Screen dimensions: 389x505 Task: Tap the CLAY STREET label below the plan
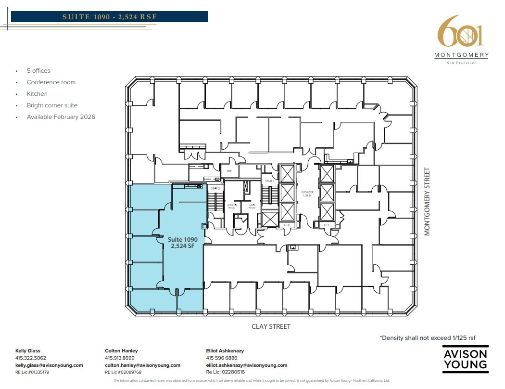pos(271,326)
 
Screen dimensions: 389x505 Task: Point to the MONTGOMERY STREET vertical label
pos(426,202)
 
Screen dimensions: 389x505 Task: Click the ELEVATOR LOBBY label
pos(307,194)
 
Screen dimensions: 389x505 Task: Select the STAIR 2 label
pos(215,188)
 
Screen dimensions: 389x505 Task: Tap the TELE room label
pos(229,171)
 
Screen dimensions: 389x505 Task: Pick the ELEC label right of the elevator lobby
pos(327,225)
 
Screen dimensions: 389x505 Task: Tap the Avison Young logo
pos(465,359)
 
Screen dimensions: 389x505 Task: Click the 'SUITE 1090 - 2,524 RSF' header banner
pos(110,17)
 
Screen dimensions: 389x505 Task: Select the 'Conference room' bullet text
pos(51,82)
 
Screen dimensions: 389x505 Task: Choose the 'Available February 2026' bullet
pos(61,117)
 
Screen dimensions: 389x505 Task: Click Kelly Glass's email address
pos(49,365)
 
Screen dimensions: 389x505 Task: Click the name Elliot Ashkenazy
pos(225,351)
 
